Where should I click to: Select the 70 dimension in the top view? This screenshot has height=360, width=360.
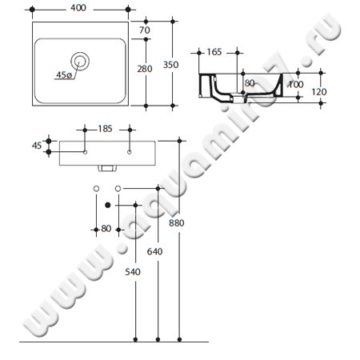point(145,30)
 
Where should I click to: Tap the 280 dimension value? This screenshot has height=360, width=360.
point(145,69)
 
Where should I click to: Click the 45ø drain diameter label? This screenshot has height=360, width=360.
point(64,74)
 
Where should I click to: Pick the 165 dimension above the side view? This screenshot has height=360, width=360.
point(214,52)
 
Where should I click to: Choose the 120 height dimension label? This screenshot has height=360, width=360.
point(319,92)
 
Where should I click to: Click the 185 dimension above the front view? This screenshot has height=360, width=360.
point(105,128)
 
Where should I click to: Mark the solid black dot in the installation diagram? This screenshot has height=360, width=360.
point(107,205)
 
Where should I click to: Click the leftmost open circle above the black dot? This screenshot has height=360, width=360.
point(96,187)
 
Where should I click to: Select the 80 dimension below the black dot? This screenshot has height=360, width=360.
point(106,230)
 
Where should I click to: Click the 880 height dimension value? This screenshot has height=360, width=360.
point(177,222)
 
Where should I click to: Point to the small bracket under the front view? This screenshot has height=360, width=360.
point(105,169)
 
